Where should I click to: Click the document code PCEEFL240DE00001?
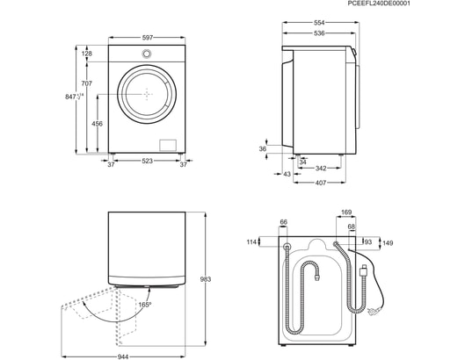(x=428, y=4)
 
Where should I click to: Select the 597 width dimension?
(x=148, y=37)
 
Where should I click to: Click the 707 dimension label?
(x=86, y=84)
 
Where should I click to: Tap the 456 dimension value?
(x=97, y=124)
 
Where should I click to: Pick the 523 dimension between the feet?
(x=148, y=162)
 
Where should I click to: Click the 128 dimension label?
(x=86, y=54)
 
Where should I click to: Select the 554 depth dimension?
(x=319, y=22)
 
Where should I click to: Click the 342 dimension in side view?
(x=321, y=168)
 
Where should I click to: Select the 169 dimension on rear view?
(x=346, y=212)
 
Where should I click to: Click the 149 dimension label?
(x=388, y=243)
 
